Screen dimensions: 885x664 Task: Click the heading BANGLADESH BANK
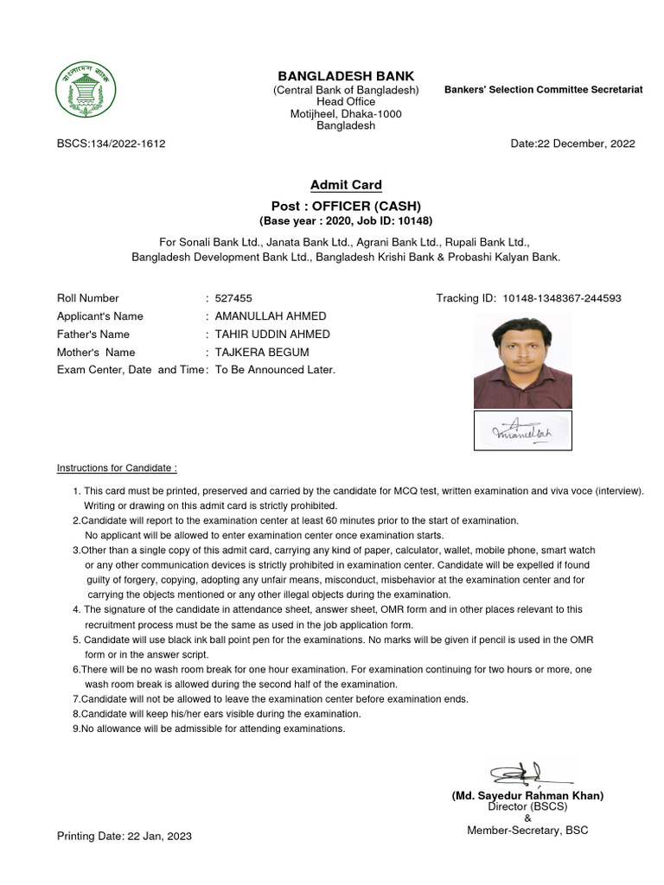point(346,76)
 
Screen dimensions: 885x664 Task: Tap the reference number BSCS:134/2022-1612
point(111,143)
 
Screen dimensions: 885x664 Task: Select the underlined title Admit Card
point(346,185)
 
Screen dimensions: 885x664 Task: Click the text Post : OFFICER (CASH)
point(346,206)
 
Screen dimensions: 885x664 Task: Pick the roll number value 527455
point(233,298)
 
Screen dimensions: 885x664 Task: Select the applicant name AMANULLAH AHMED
point(271,316)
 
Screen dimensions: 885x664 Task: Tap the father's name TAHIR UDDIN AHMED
point(272,334)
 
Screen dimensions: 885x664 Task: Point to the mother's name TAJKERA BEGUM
point(262,353)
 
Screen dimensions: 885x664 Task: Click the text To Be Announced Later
point(275,370)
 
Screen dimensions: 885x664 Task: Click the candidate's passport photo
point(522,361)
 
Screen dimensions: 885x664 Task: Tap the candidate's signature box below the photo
point(522,430)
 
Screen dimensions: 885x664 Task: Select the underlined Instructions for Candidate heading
point(117,468)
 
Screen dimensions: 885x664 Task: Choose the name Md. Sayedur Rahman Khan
point(527,796)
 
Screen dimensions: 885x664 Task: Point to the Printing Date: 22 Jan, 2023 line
point(124,837)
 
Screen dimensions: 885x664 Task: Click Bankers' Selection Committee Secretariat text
point(543,90)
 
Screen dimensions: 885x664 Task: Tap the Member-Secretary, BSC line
point(527,831)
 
